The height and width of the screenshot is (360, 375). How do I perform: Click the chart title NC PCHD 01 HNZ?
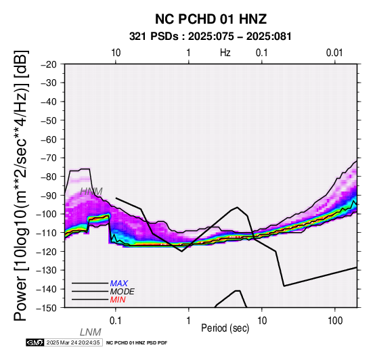pos(211,19)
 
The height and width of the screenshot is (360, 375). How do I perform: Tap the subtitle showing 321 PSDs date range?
pos(211,37)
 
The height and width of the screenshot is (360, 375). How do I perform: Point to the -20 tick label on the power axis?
pos(49,64)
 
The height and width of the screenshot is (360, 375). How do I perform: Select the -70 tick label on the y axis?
pos(49,158)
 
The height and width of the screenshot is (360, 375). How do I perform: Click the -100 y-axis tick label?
pos(47,214)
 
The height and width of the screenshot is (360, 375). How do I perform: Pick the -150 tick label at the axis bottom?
pos(47,308)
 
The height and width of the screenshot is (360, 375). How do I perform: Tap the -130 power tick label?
pos(47,271)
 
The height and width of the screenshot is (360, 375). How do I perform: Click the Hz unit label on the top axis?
pos(225,53)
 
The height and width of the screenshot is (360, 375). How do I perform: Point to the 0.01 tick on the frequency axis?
pos(334,53)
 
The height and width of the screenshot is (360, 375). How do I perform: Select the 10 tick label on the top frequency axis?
pos(116,53)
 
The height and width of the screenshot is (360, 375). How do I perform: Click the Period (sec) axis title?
pos(225,328)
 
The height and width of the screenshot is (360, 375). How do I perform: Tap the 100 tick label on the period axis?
pos(335,321)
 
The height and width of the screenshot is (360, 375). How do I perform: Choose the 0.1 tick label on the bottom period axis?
pos(116,321)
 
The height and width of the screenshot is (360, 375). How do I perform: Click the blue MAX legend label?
pos(119,284)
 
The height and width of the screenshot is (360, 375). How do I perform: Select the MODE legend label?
pos(123,292)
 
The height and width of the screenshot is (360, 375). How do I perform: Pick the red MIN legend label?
pos(118,300)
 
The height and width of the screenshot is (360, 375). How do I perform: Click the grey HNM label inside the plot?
pos(91,192)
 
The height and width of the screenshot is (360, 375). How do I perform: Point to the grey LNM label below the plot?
pos(91,332)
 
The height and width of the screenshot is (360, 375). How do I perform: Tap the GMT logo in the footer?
pos(35,342)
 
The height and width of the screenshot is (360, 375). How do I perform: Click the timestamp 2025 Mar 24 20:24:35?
pos(73,342)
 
